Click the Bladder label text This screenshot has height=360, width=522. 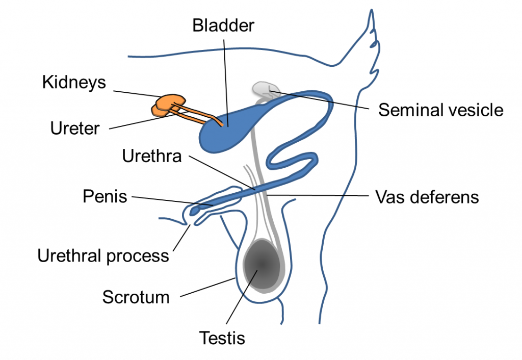pos(223,25)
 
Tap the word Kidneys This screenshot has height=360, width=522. pos(74,82)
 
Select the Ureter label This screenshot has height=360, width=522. pos(75,128)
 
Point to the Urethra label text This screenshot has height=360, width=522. pos(152,156)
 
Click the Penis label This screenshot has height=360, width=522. pos(105,196)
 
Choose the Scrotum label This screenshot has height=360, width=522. pos(136,297)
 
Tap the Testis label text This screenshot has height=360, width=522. pos(222,338)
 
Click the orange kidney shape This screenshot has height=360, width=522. pos(169,105)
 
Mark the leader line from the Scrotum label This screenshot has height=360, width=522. pos(208,287)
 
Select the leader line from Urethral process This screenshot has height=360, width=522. pos(182,238)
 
